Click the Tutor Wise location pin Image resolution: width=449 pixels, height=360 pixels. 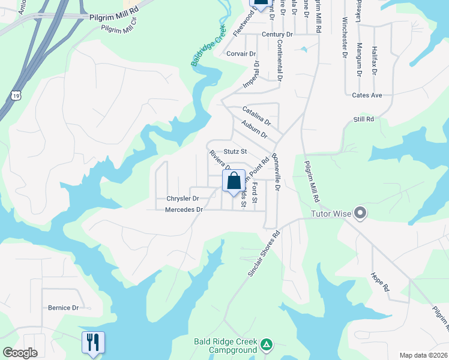tap(360, 213)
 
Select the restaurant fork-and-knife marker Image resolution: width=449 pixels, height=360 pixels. tap(93, 343)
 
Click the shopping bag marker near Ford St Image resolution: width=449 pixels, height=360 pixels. tap(234, 180)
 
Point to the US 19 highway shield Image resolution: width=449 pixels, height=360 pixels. tap(16, 95)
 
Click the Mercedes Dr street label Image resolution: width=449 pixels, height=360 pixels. tap(184, 209)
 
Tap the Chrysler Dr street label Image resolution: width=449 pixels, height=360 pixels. tap(182, 198)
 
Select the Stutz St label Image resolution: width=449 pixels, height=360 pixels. tap(235, 152)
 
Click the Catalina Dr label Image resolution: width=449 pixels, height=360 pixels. tap(257, 115)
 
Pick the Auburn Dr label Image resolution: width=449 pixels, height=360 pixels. tap(254, 130)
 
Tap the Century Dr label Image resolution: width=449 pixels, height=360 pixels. tap(277, 35)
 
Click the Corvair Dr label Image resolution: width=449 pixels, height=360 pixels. tap(242, 53)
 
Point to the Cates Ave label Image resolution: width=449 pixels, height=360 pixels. tap(367, 95)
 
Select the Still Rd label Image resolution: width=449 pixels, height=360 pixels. tap(364, 119)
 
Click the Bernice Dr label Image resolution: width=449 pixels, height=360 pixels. tap(63, 308)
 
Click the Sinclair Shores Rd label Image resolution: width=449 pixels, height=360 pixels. tap(264, 254)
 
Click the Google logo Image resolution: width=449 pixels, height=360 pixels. tap(20, 353)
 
